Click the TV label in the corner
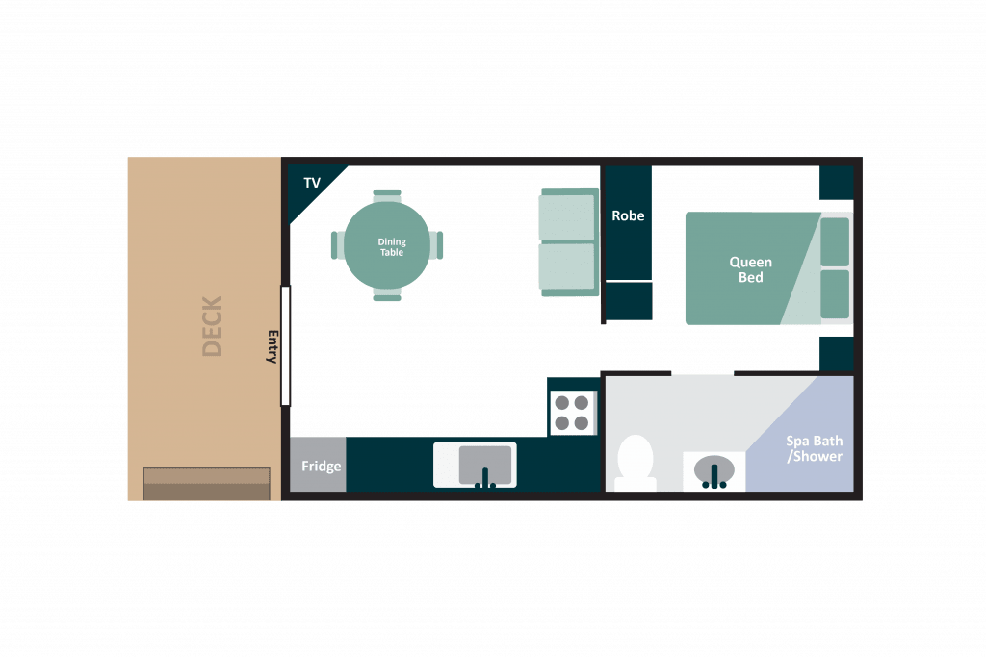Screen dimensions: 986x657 (312, 183)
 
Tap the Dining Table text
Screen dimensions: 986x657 (392, 247)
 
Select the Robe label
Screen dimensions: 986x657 (628, 215)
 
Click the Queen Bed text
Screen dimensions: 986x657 (751, 269)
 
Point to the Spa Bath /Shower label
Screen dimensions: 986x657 (815, 448)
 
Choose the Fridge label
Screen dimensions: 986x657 (322, 466)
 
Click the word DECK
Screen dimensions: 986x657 (212, 326)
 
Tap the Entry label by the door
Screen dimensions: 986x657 (272, 346)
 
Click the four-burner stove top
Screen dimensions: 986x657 (572, 413)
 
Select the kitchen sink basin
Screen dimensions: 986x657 (485, 466)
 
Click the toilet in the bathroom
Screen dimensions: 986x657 (636, 463)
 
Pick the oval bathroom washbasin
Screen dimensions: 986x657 (714, 469)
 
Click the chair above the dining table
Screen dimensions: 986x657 (387, 195)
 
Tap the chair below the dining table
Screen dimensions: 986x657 (387, 294)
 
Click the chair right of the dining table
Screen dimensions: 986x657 (436, 245)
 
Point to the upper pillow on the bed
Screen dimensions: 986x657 (835, 241)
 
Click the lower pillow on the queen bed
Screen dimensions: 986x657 (835, 294)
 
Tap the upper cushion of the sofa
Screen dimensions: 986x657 (566, 217)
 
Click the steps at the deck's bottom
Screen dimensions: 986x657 (207, 484)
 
